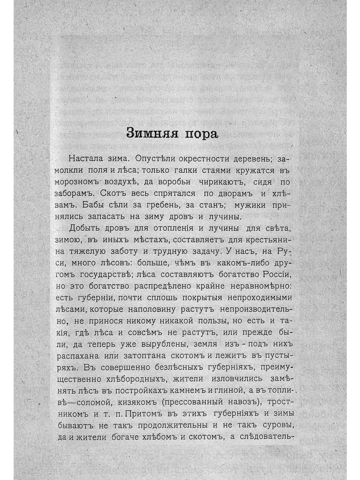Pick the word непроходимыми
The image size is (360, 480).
pyautogui.click(x=262, y=298)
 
